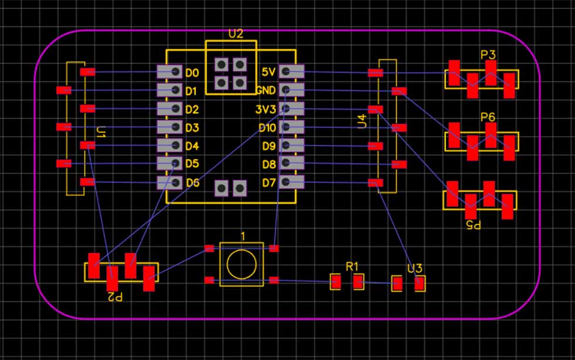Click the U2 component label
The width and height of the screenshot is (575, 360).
(235, 34)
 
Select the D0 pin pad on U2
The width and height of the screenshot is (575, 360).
(170, 72)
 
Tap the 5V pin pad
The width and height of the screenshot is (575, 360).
(292, 72)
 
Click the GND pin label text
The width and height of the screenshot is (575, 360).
(266, 90)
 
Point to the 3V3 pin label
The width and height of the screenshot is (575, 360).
(265, 109)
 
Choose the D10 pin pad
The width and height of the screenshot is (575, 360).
(292, 127)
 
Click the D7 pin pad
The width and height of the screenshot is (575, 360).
(292, 182)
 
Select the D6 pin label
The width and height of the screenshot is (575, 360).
(192, 182)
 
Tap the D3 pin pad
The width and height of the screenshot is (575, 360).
(170, 127)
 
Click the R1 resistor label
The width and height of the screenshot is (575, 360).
(352, 267)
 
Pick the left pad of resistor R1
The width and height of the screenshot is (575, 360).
(335, 282)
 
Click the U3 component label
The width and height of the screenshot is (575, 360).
(415, 269)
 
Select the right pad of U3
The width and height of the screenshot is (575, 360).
(420, 284)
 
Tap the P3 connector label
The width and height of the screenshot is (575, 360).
(488, 55)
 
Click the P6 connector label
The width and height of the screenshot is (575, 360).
(488, 117)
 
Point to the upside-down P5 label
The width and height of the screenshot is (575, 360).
(473, 225)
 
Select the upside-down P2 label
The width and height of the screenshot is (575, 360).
(115, 297)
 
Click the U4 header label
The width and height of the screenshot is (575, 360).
(362, 121)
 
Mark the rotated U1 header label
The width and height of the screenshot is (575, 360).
(101, 132)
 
